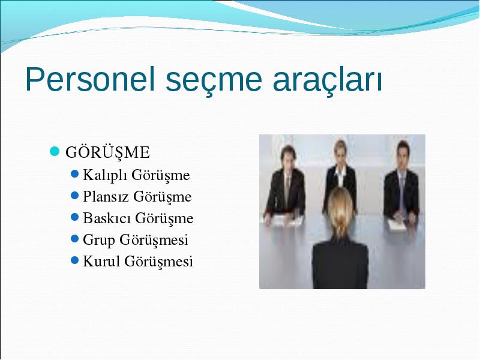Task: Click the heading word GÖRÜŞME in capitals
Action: pos(107,152)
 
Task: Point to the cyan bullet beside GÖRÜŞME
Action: pos(55,151)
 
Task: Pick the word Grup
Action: pos(99,240)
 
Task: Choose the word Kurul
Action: pos(101,261)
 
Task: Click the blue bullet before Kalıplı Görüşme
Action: pos(74,174)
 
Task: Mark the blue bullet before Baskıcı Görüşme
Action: pos(74,217)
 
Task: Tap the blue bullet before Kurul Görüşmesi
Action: pos(74,260)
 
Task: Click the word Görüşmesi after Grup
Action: pos(154,240)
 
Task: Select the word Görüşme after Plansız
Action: pos(162,197)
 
